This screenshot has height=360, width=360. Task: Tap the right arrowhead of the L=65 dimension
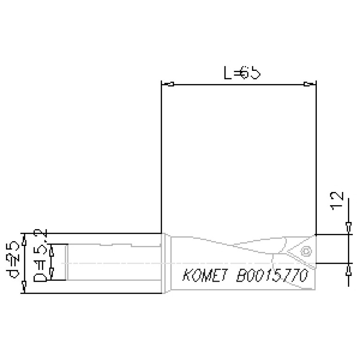307,84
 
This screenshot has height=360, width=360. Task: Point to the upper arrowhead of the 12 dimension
348,227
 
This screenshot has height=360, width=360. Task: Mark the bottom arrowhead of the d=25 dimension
24,288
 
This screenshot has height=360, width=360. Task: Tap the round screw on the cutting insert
306,251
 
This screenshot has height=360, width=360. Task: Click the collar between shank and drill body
166,263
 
